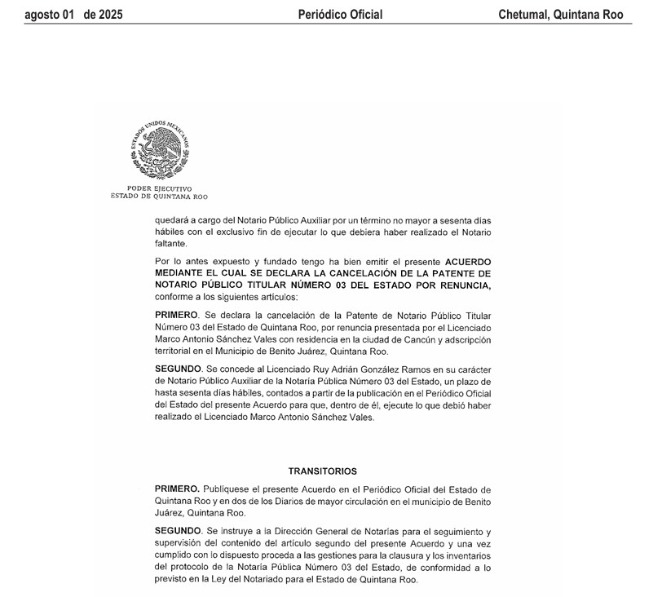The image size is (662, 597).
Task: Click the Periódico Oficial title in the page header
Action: coord(340,15)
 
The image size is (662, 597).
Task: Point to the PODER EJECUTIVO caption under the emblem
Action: coord(160,189)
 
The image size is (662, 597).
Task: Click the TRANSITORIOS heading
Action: coord(322,471)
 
